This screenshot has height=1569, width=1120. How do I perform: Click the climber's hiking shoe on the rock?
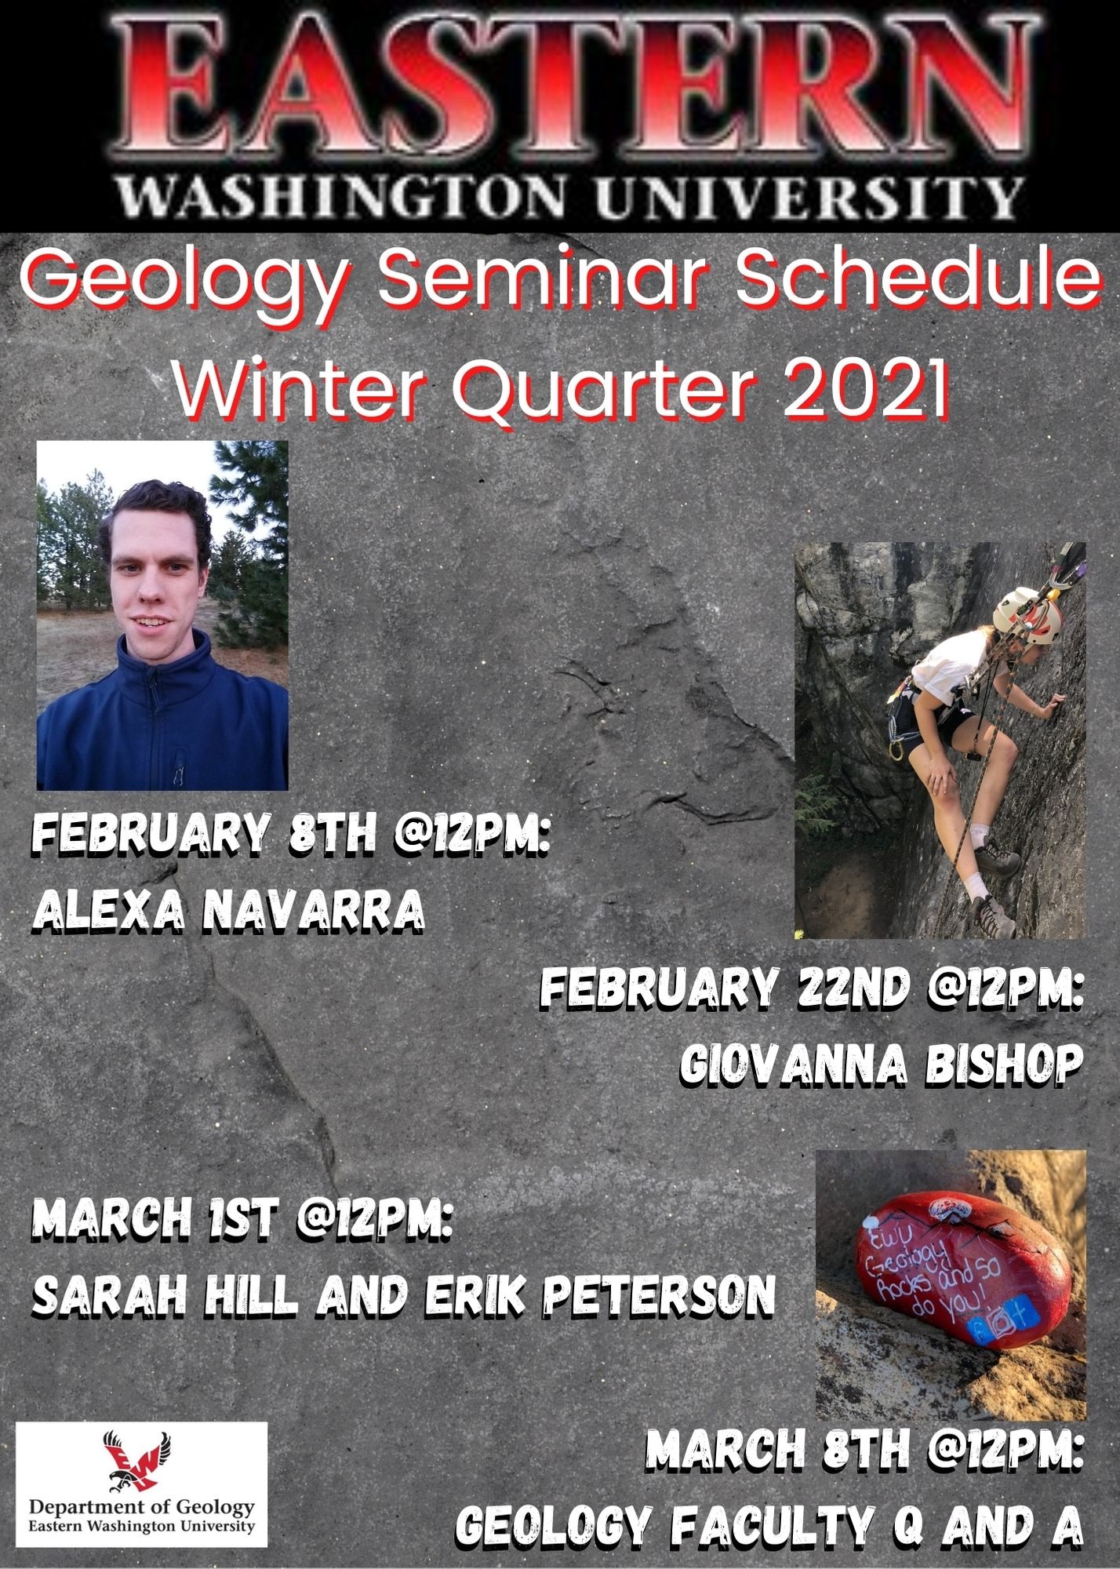(x=1000, y=863)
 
